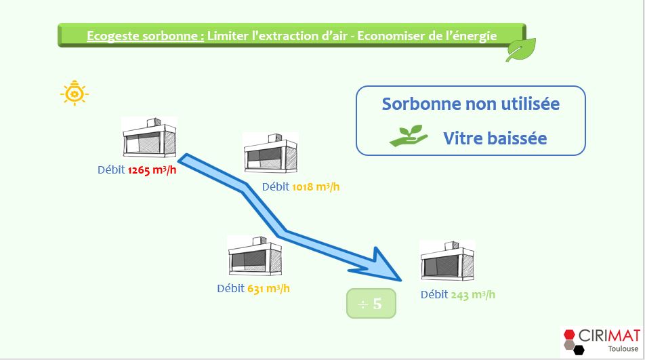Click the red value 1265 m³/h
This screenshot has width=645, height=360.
click(152, 170)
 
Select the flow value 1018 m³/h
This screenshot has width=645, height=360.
click(316, 187)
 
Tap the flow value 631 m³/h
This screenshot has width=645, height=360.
click(268, 289)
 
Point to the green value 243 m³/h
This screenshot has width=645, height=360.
click(473, 295)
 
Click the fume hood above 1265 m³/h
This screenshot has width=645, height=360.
click(149, 137)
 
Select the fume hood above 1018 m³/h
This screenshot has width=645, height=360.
click(271, 153)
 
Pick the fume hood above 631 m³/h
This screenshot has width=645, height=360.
click(255, 256)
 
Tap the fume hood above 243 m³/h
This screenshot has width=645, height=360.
click(447, 261)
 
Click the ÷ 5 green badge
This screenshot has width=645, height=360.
click(371, 304)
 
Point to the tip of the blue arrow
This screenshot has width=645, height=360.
click(401, 281)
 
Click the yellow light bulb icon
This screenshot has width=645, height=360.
click(75, 93)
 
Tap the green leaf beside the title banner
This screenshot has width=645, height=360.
click(520, 49)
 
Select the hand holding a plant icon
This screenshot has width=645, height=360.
click(409, 136)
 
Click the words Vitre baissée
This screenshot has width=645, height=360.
click(495, 138)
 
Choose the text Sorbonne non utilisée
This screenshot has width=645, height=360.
click(471, 104)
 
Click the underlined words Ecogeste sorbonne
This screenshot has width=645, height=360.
click(145, 36)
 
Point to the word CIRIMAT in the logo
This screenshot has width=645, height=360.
click(609, 336)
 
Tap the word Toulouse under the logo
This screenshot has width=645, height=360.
click(623, 349)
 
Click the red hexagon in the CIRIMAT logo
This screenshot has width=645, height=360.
click(569, 334)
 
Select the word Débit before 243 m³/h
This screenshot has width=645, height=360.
click(434, 295)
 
